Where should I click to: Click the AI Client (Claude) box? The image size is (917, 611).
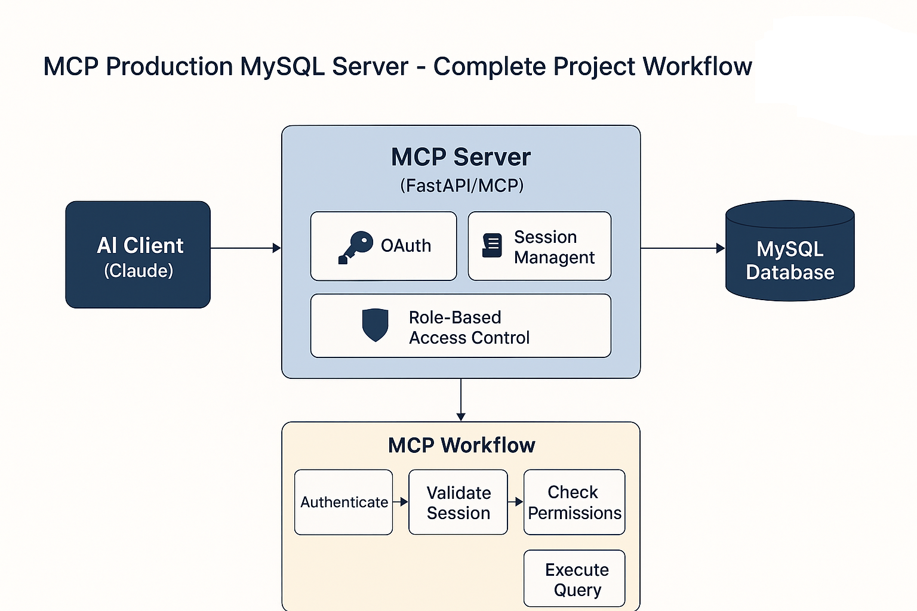point(138,255)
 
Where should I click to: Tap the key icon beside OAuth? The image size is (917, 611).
point(355,247)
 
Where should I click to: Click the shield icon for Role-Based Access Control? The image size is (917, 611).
point(376,325)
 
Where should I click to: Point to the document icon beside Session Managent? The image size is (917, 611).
point(492,246)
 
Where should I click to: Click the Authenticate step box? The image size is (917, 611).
point(344,502)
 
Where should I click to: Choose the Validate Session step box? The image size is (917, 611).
point(458,502)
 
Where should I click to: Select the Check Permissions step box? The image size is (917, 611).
point(574,502)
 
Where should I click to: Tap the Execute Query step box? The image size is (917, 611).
point(574,579)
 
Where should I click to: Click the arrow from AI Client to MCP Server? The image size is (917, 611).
point(245,248)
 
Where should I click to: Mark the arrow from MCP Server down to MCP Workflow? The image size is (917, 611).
point(461,400)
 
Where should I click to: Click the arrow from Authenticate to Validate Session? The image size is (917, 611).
point(401,502)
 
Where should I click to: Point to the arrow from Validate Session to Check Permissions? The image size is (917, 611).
point(515,502)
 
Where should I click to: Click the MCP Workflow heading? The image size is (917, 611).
point(461,445)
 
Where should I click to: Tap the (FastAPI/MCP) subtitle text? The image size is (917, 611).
point(461,186)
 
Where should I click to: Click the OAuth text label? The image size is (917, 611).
point(406,246)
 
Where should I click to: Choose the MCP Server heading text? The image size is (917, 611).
point(461,158)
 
